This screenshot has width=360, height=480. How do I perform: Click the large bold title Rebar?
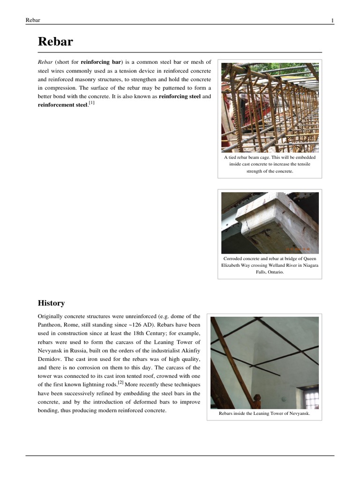(55, 42)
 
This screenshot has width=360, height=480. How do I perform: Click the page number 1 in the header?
(332, 20)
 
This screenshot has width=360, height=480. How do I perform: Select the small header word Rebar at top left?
(33, 20)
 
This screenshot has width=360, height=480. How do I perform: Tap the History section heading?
(51, 303)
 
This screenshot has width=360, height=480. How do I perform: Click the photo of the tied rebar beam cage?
(270, 107)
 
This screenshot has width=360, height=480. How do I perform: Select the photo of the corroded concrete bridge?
(270, 223)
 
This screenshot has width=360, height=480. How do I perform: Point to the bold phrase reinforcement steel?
(62, 105)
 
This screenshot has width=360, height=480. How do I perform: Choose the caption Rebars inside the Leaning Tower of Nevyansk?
(264, 414)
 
